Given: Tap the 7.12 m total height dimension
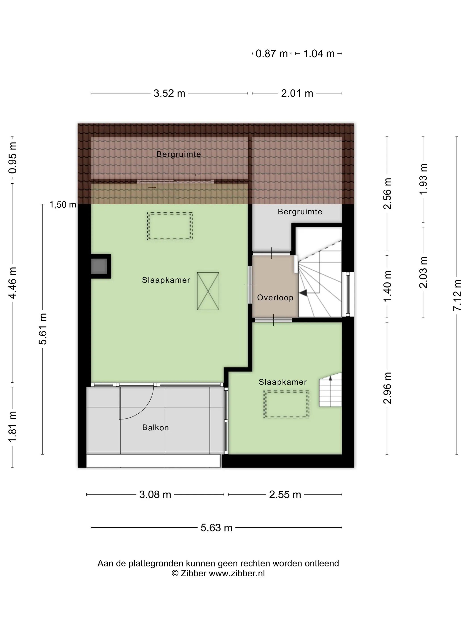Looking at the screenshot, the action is click(x=457, y=295).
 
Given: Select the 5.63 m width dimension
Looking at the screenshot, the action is click(x=216, y=527).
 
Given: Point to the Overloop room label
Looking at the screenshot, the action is click(x=275, y=297).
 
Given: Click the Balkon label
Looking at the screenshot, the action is click(x=155, y=427).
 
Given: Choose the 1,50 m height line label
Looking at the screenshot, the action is click(x=63, y=204).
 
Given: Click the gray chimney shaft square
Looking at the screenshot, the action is click(x=99, y=266).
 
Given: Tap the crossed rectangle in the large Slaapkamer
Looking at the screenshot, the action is click(x=208, y=291).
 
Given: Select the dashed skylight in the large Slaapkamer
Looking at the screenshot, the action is click(x=170, y=226).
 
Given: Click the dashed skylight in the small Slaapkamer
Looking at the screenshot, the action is click(x=286, y=404).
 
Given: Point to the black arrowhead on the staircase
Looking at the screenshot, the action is click(x=303, y=293).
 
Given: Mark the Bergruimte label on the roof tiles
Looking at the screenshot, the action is click(x=179, y=154).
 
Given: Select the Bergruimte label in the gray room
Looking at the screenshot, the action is click(x=300, y=212).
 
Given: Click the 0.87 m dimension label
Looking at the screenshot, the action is click(x=271, y=53).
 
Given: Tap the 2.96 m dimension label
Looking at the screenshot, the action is click(x=387, y=388).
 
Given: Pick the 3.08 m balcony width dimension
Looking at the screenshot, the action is click(x=155, y=494).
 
